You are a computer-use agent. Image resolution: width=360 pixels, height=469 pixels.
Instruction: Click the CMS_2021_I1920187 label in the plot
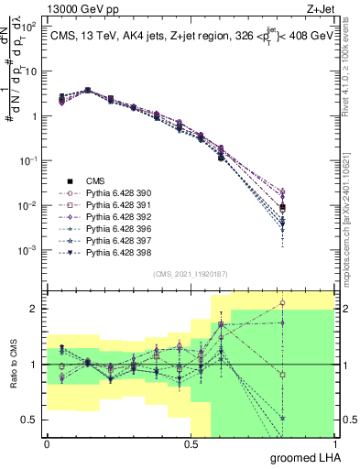[x=191, y=272]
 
